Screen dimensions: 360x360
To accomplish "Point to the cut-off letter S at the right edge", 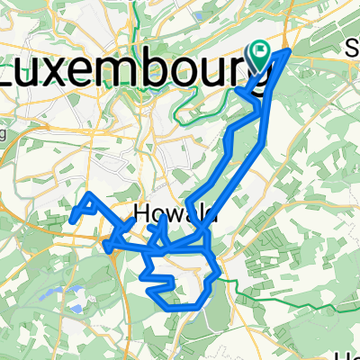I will pos(353,50).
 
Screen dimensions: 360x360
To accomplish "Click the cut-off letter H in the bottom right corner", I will pos(354,354).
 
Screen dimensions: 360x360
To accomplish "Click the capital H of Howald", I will pos(142,214).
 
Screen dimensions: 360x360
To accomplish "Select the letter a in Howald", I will pos(191,215).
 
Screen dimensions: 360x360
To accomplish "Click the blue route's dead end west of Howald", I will pos(71,220).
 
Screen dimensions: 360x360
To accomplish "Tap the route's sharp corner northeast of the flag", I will pos(288,51).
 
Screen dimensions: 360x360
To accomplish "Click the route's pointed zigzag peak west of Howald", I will pos(91,194).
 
